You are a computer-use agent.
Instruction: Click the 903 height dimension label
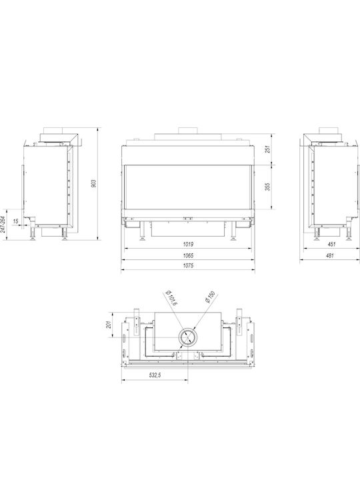94,183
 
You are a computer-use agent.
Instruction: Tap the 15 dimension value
16,221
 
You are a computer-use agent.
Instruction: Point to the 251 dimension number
269,149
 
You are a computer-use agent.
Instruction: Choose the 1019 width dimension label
188,244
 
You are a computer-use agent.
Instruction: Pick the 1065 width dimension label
188,255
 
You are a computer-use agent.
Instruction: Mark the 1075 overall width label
188,266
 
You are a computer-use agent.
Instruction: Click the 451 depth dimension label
331,244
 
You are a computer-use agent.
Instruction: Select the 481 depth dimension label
330,255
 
